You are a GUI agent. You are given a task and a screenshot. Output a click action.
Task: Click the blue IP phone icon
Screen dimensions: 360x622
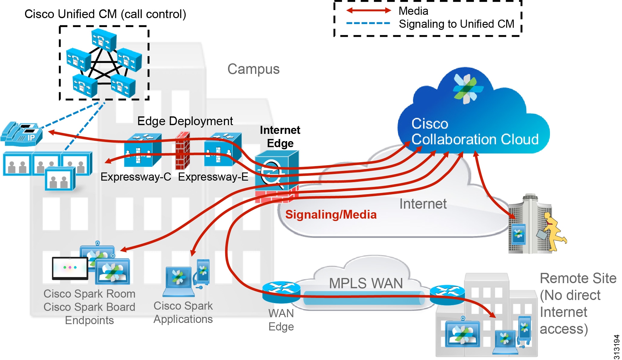22,134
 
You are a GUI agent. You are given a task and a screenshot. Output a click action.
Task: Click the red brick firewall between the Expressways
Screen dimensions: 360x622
182,151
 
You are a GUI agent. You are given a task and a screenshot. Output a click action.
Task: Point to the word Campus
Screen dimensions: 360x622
253,69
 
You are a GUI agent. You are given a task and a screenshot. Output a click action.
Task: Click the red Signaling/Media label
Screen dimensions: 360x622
331,215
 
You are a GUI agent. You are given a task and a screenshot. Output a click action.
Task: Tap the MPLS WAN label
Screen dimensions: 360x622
365,283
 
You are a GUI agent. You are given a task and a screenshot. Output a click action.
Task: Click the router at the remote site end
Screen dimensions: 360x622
447,294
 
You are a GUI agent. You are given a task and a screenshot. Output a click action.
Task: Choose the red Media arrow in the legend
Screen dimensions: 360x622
368,11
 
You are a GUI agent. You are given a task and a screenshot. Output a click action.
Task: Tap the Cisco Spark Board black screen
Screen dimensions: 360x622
70,268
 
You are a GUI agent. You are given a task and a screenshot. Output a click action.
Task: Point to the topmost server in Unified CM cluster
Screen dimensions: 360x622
104,39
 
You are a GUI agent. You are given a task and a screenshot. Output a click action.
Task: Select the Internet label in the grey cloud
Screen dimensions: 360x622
423,204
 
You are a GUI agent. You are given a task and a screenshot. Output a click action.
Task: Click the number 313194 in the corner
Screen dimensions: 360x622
617,347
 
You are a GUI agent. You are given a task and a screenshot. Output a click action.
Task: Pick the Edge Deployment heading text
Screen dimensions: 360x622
185,121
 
